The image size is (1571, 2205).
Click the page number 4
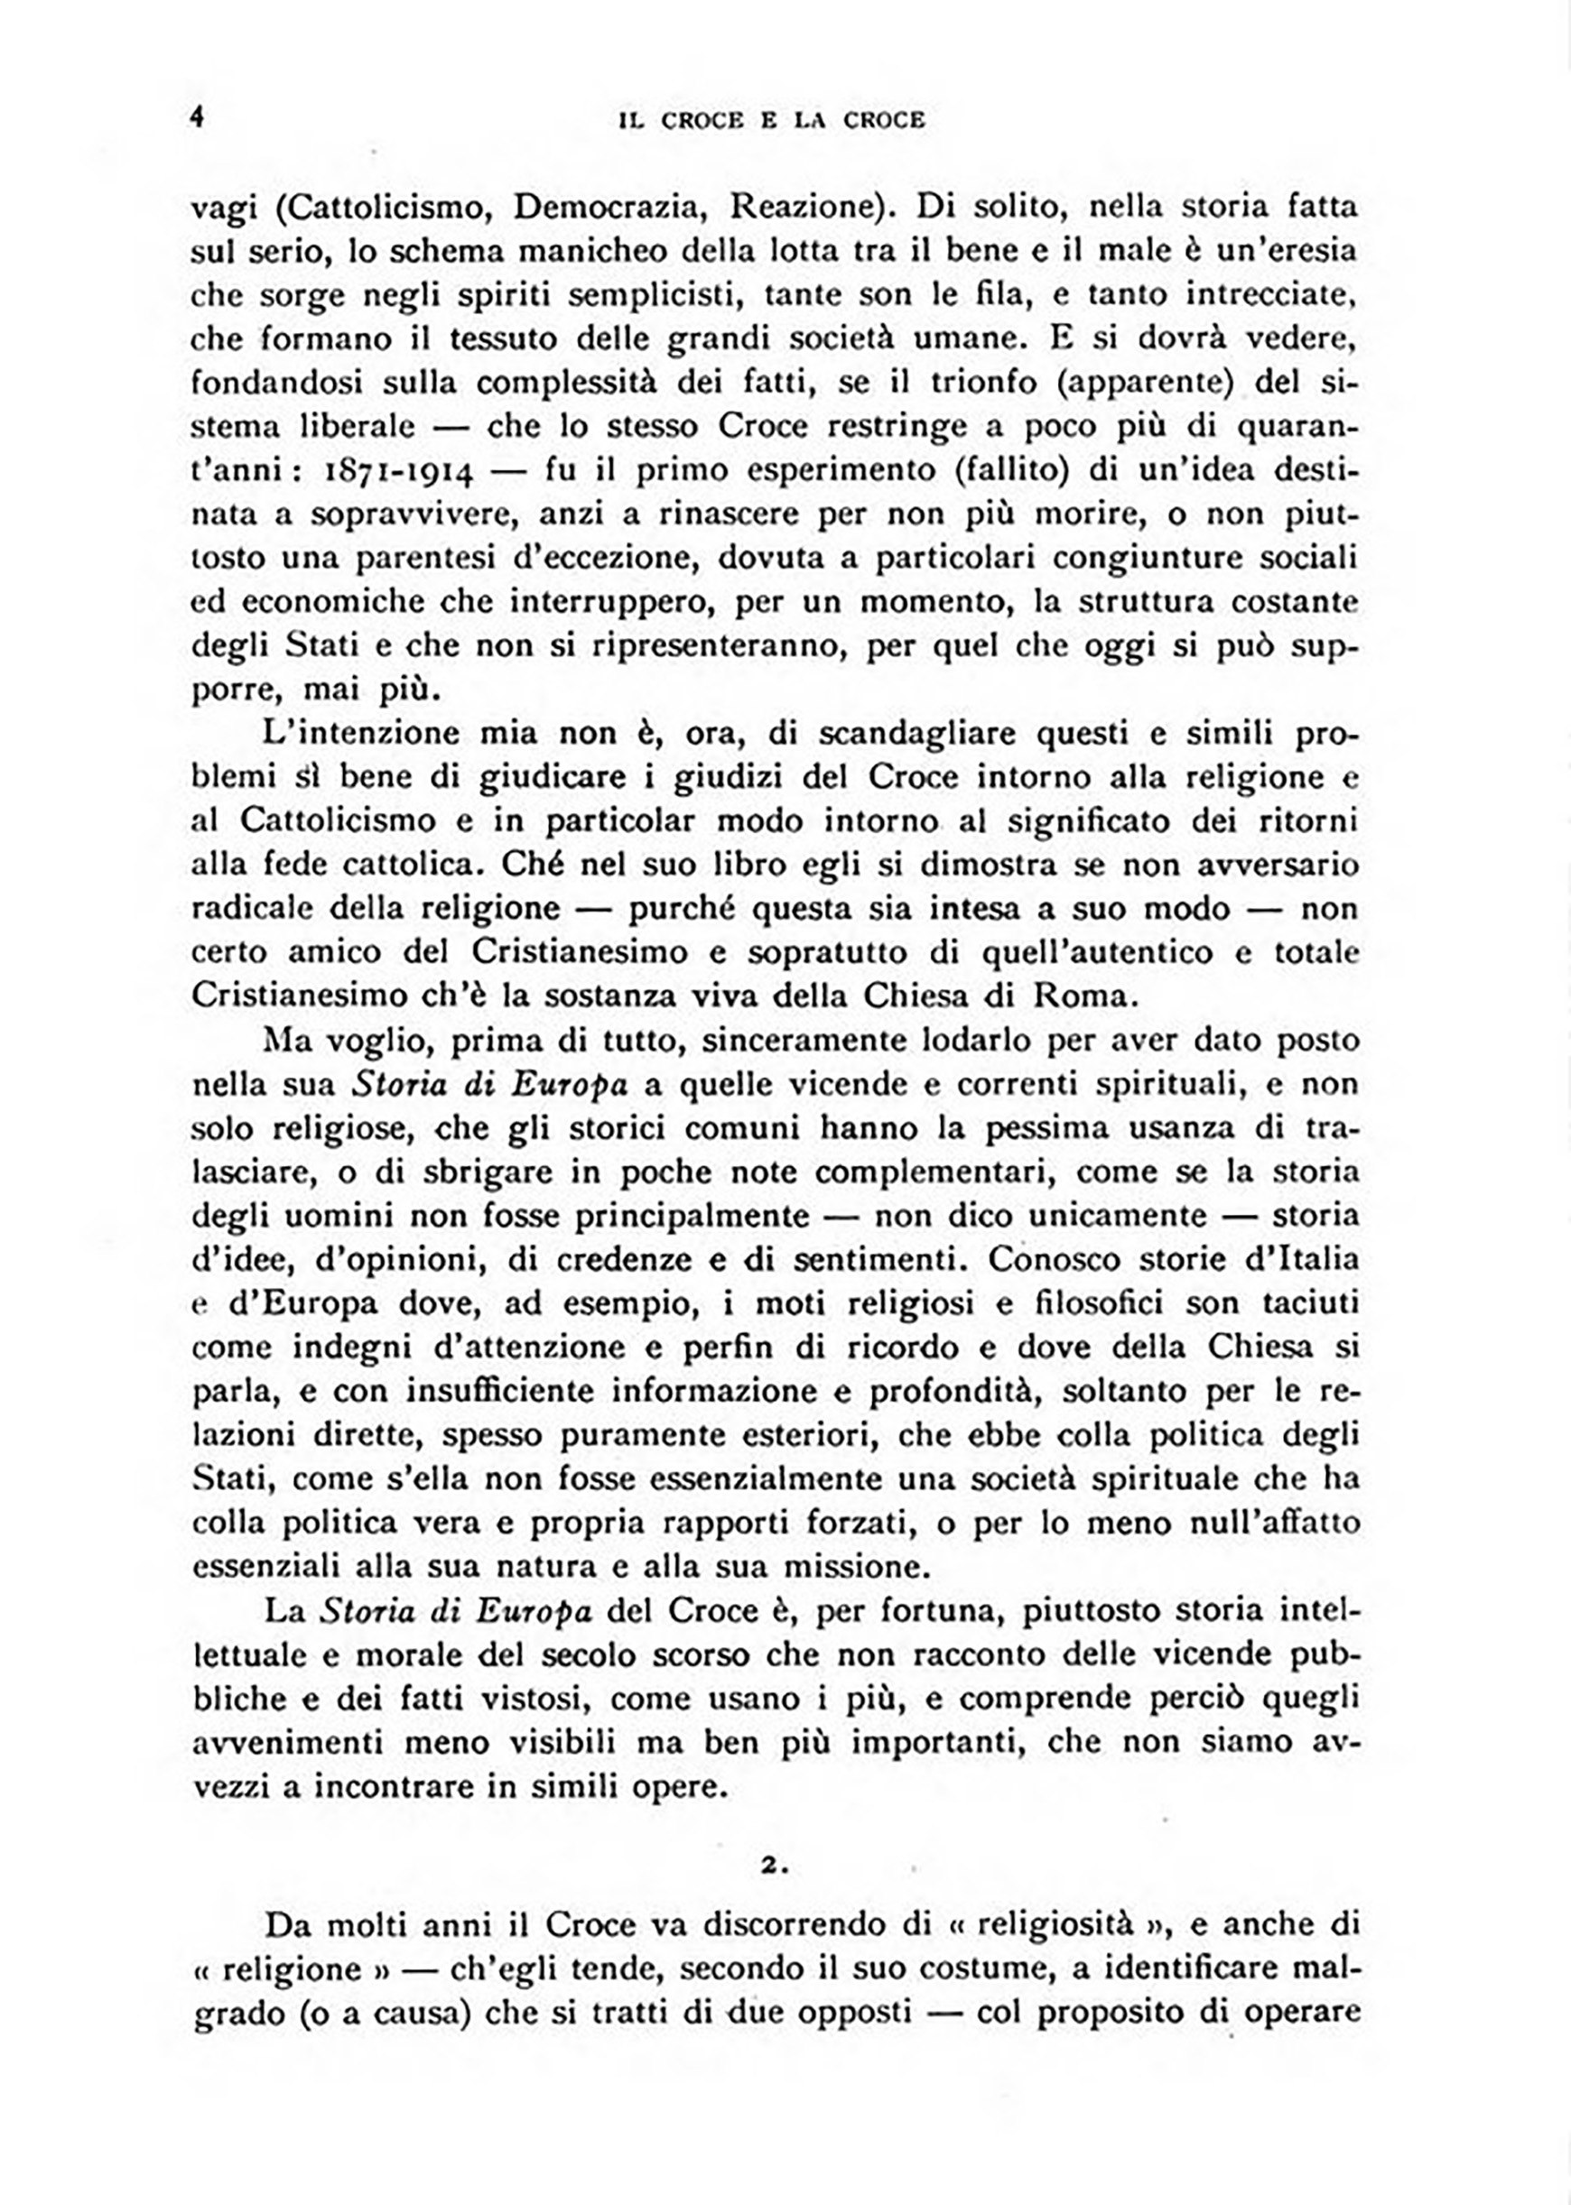(x=198, y=117)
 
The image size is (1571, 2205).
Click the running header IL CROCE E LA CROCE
(x=771, y=120)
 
